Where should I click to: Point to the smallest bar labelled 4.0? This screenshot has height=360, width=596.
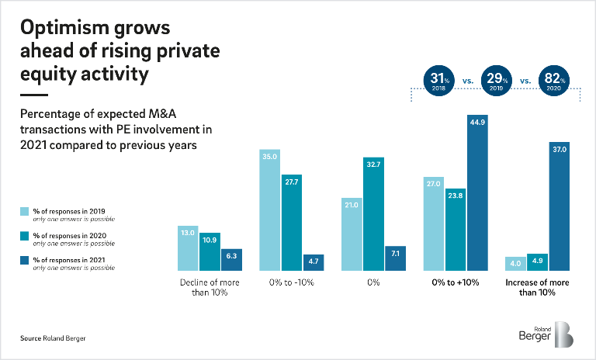(x=514, y=263)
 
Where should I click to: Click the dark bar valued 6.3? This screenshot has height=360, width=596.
(x=231, y=259)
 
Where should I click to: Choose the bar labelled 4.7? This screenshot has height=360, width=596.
(x=314, y=262)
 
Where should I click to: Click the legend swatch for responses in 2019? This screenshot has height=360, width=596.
(x=25, y=210)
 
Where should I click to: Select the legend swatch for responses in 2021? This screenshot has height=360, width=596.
(x=25, y=258)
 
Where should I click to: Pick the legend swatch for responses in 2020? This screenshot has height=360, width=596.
(x=25, y=234)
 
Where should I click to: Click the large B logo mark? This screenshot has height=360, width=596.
(x=565, y=334)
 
